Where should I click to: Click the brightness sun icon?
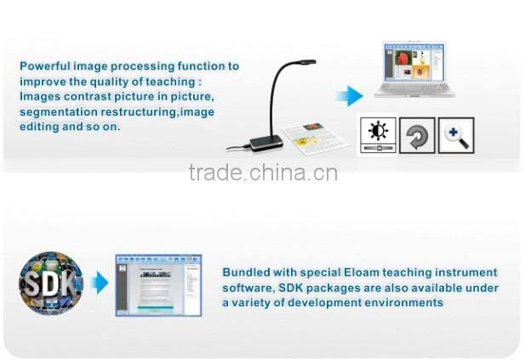tap(377, 133)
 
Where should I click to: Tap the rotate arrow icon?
tap(417, 135)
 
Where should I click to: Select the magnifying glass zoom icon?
tap(455, 135)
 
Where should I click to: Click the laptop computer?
tap(414, 72)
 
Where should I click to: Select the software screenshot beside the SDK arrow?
tap(158, 285)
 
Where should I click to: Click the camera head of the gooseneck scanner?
tap(304, 63)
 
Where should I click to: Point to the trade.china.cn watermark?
tap(263, 174)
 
